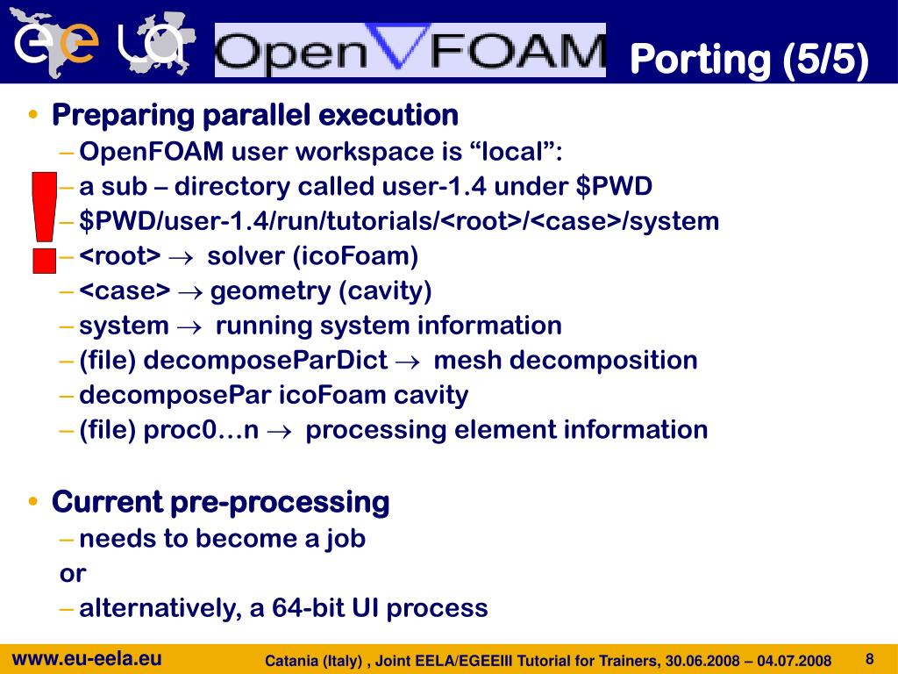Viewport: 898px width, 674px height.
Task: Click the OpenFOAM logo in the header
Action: (410, 50)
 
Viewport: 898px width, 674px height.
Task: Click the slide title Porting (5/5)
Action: (749, 59)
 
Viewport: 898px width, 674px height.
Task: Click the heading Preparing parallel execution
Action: (255, 115)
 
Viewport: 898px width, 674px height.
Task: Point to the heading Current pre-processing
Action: (220, 503)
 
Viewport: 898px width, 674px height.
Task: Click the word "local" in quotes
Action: (517, 152)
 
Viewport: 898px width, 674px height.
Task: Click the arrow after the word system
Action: (189, 326)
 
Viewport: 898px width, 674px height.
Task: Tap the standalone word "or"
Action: (73, 574)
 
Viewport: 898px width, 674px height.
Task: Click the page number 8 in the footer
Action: (870, 659)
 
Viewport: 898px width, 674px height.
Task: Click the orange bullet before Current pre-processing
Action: (33, 503)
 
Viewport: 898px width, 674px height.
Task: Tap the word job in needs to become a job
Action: (346, 538)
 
